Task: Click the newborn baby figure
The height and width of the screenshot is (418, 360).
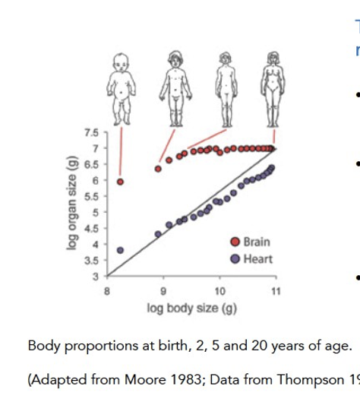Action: tap(120, 87)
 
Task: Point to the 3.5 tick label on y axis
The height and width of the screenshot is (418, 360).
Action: tap(92, 260)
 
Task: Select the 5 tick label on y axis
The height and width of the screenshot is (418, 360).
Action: tap(94, 212)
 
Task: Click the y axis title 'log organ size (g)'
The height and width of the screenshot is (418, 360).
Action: tap(73, 205)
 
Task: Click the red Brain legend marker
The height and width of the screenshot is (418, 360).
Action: tap(235, 242)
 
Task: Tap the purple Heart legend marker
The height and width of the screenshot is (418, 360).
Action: tap(235, 258)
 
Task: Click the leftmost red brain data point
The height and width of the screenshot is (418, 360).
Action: tap(120, 182)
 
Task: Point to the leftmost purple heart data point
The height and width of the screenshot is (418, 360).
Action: tap(120, 250)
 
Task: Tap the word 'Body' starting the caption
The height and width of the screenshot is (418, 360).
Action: tap(42, 346)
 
